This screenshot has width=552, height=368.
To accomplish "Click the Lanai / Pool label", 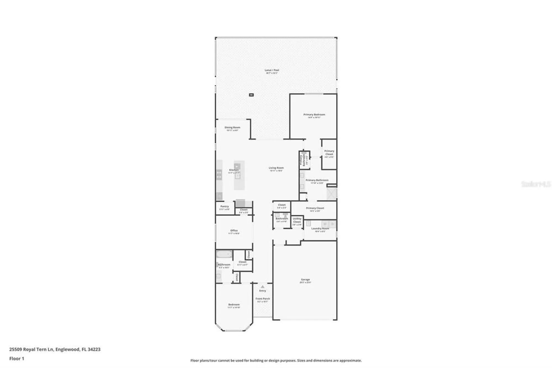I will click(x=272, y=70).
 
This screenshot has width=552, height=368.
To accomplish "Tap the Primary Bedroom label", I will click(x=314, y=114).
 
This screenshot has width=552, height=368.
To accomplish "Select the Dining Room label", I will click(x=232, y=127).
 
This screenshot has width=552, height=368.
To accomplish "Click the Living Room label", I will click(x=276, y=168).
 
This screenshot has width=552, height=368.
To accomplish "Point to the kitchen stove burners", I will click(x=219, y=175).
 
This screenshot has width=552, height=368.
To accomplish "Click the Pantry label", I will click(x=224, y=206).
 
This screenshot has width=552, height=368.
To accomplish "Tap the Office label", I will click(x=234, y=230).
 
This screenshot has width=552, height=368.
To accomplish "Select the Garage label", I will click(x=305, y=280).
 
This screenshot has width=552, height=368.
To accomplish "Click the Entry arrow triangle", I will click(x=262, y=287).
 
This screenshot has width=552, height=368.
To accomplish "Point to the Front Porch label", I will click(x=262, y=299).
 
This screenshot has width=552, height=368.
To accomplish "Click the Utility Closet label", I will click(x=297, y=220).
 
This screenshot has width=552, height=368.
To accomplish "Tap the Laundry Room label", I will click(x=320, y=228).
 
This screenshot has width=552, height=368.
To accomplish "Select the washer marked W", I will click(x=325, y=224).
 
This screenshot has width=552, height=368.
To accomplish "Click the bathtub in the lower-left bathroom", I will click(x=224, y=254).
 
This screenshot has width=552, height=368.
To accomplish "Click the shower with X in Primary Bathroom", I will click(x=331, y=193).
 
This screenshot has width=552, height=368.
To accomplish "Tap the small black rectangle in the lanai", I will click(x=251, y=95).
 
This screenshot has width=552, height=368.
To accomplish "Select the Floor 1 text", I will click(x=17, y=359).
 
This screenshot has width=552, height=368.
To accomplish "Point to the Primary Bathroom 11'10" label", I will click(x=317, y=180).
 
